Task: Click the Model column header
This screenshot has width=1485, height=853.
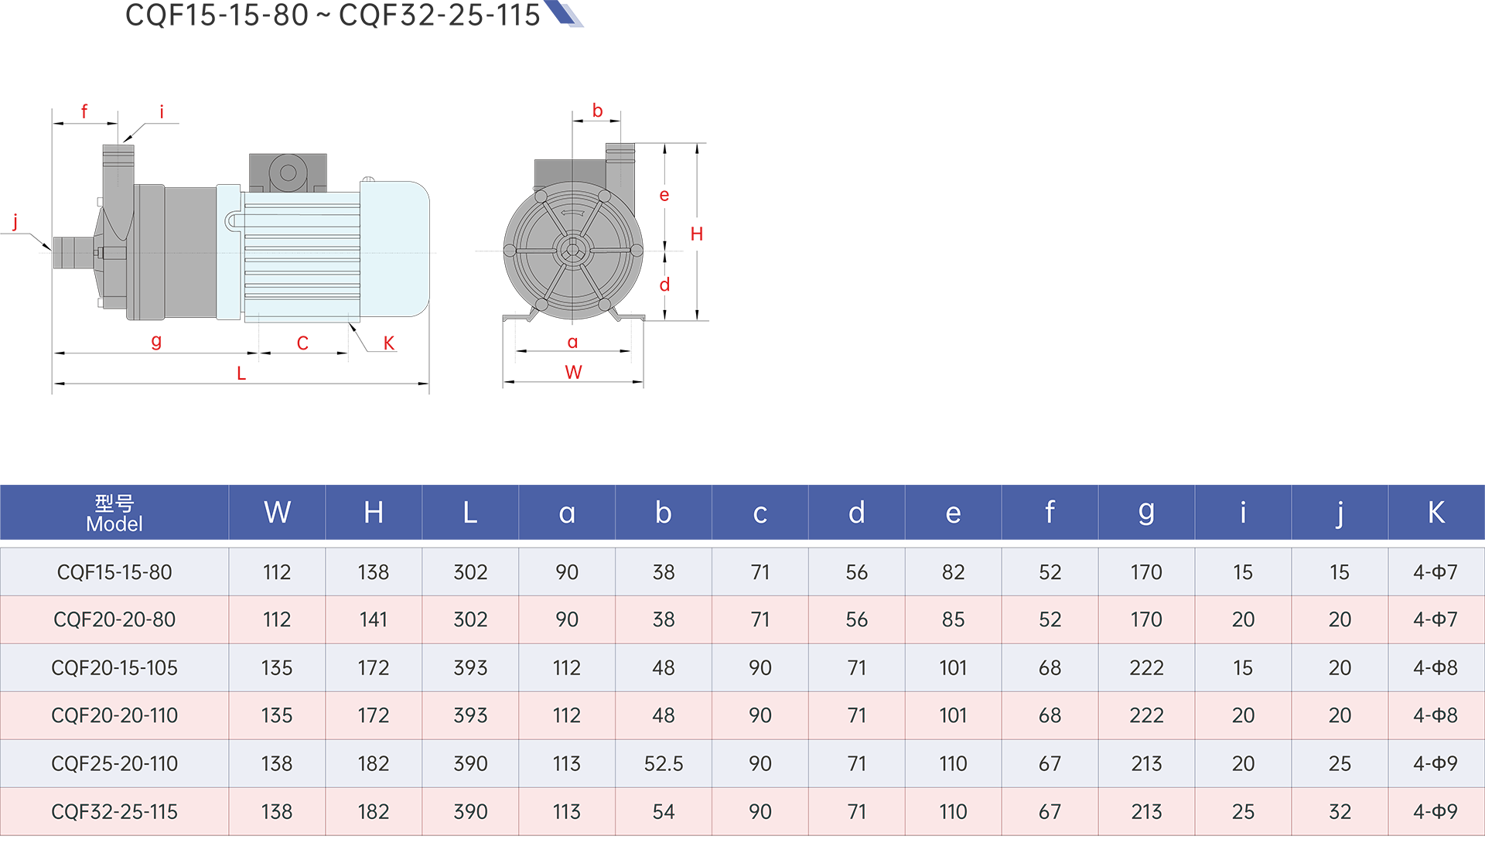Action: click(x=114, y=514)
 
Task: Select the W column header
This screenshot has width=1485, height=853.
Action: click(x=277, y=513)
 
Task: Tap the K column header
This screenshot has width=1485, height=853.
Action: click(x=1435, y=513)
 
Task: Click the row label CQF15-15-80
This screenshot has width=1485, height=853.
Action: click(x=114, y=572)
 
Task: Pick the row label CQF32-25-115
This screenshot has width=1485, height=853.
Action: click(x=114, y=812)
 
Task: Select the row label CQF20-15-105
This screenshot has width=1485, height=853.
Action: click(x=114, y=668)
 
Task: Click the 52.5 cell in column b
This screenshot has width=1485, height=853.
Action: click(x=664, y=764)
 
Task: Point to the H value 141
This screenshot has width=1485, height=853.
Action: click(x=374, y=620)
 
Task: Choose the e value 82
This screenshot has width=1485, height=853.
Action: click(x=953, y=572)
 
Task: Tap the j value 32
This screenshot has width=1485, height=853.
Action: click(x=1340, y=812)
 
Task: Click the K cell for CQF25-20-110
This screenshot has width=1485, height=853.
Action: click(x=1435, y=764)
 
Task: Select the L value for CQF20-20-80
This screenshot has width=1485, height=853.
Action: click(x=470, y=620)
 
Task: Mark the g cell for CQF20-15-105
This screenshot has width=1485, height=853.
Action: click(x=1146, y=668)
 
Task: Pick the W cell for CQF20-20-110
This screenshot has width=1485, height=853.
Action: click(x=277, y=716)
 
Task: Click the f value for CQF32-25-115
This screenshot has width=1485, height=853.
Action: click(x=1050, y=812)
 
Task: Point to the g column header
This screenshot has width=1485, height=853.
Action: click(x=1146, y=513)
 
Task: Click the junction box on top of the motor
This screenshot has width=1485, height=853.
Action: click(x=288, y=172)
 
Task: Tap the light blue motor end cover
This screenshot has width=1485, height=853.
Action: click(x=394, y=249)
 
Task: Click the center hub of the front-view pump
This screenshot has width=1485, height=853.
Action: click(x=572, y=250)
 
